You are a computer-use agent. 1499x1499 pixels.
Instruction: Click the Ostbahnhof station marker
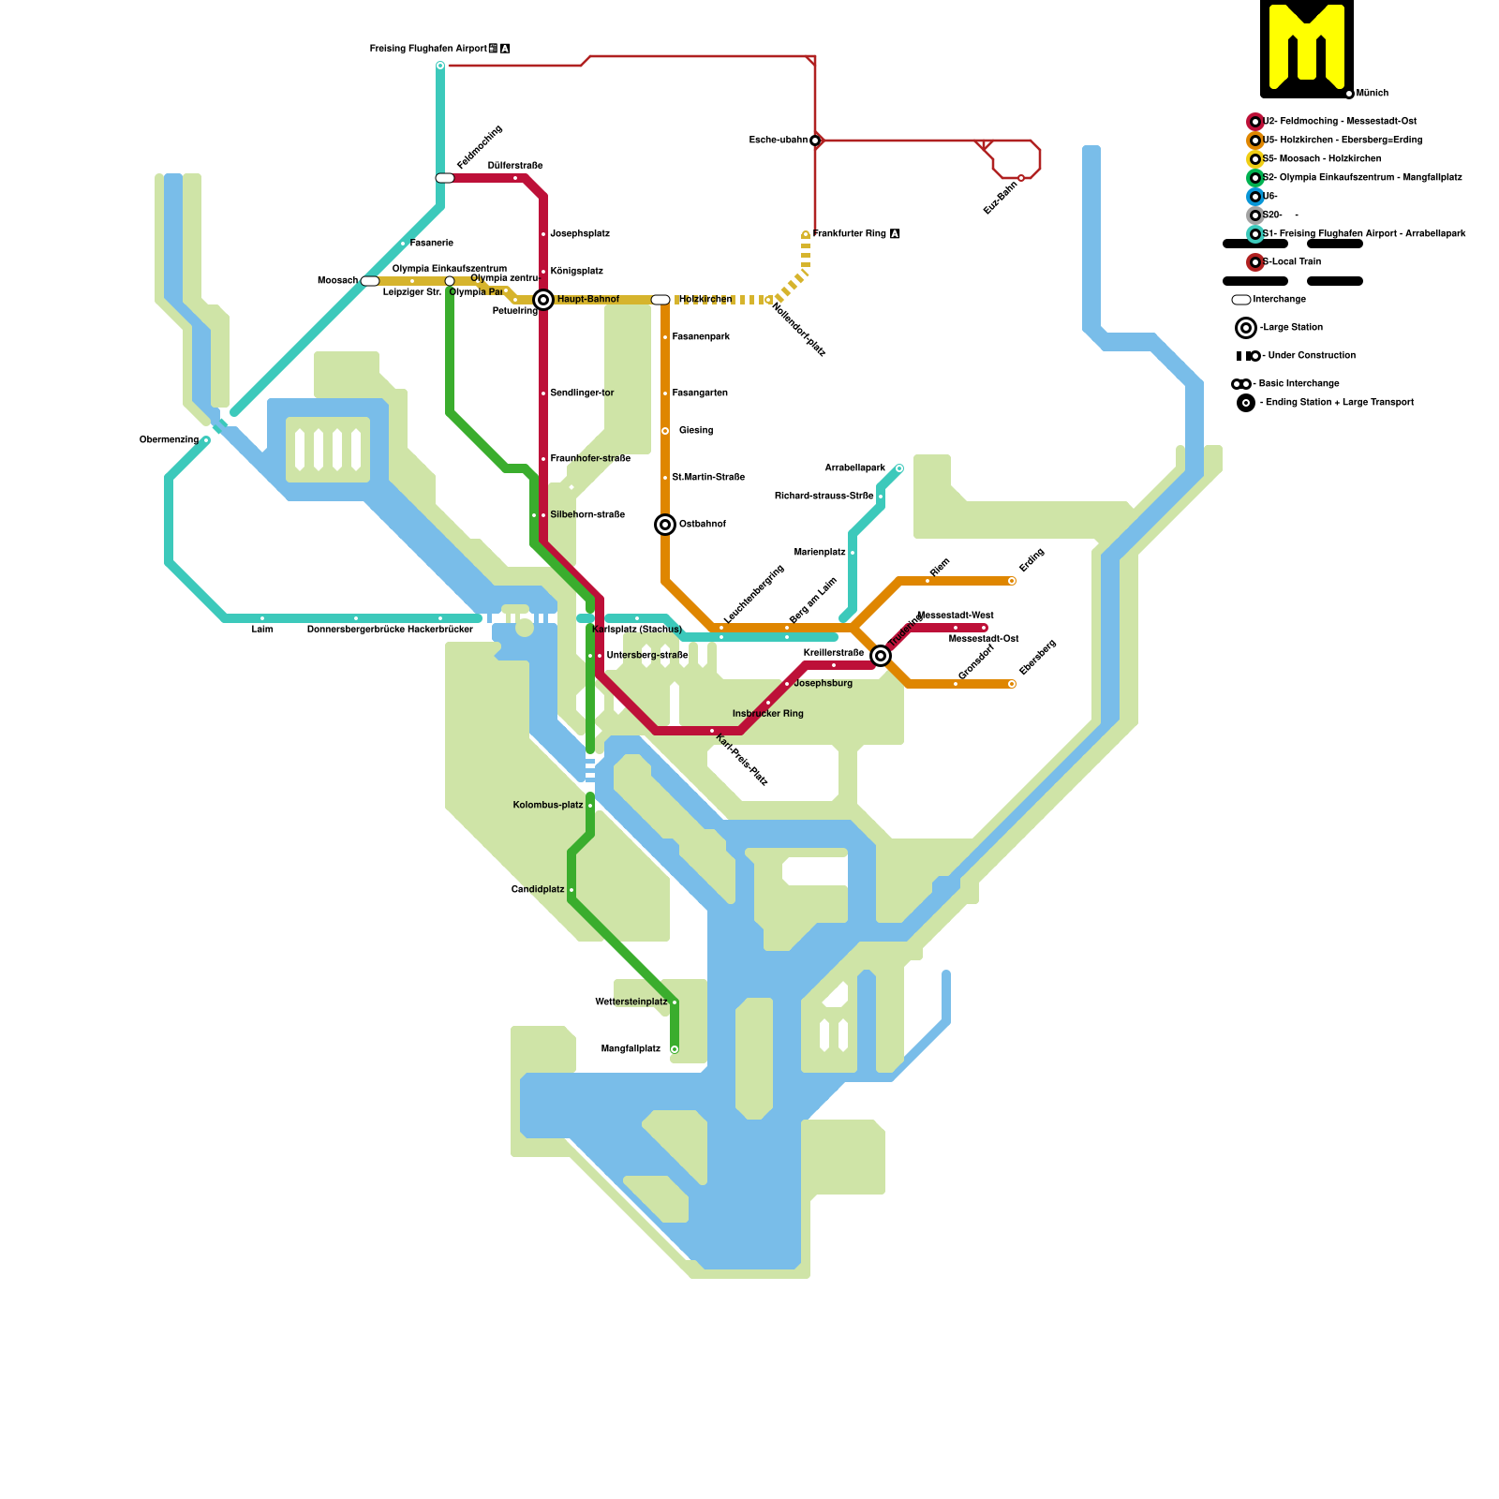665,525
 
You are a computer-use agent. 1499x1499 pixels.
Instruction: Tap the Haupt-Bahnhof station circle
543,300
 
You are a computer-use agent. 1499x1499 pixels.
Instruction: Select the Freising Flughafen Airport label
428,48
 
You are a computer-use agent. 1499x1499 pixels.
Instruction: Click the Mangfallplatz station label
631,1049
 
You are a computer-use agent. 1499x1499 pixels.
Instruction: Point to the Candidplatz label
538,890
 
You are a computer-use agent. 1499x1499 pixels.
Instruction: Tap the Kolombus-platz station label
548,806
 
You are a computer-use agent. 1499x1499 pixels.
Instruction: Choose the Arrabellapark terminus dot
899,468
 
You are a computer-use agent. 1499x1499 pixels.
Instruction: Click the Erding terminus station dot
1012,581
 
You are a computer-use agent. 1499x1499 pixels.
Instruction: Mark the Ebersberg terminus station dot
1012,684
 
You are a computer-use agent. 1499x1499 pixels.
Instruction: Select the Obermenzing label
169,440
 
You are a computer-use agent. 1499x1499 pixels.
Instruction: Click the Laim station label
262,630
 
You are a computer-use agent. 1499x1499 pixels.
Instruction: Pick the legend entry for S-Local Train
1292,262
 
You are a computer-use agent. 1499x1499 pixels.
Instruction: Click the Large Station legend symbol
1246,328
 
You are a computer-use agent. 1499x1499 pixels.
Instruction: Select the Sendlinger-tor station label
582,393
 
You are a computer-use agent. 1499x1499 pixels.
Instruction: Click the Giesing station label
696,431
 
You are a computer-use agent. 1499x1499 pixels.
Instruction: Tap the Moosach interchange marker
370,281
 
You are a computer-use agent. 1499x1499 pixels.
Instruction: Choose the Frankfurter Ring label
850,234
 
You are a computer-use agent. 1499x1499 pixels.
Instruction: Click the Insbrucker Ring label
768,714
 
